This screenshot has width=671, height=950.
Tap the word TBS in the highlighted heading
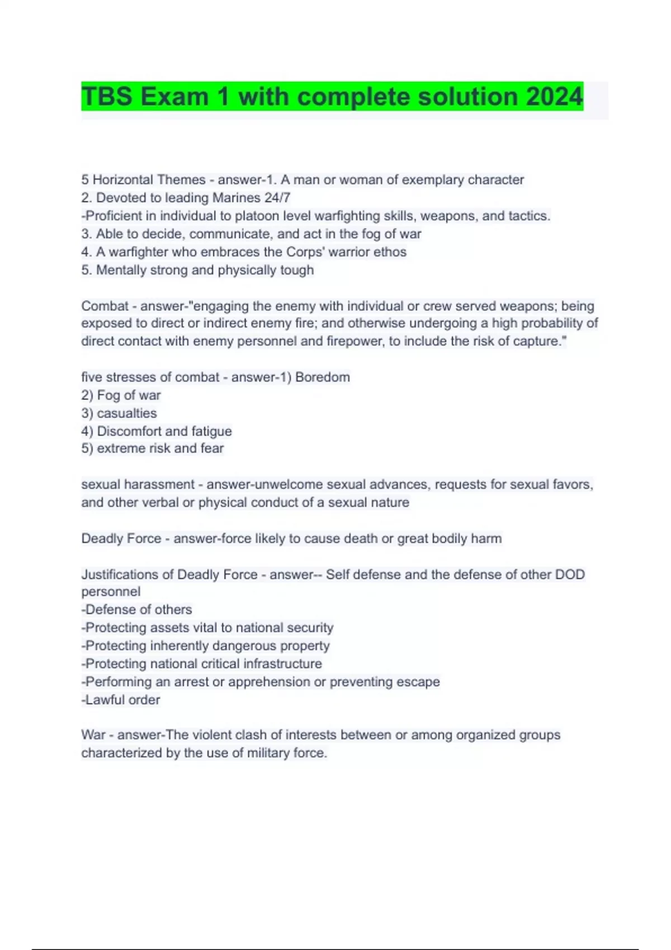point(106,97)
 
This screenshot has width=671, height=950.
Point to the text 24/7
point(277,198)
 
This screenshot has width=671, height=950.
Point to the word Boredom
point(323,377)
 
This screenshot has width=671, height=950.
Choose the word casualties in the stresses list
point(127,414)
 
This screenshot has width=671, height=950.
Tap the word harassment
point(159,484)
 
